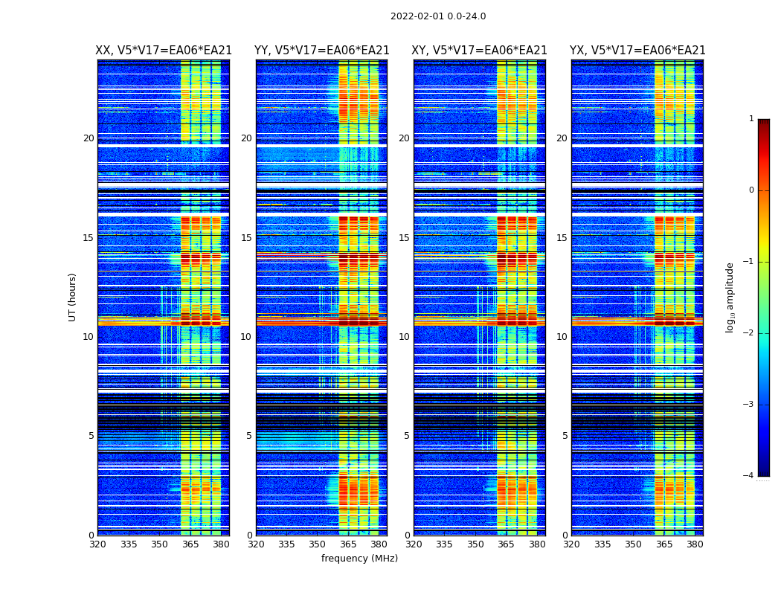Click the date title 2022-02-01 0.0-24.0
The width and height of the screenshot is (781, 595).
438,16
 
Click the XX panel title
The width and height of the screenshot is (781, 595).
164,51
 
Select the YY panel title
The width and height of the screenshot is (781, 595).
321,51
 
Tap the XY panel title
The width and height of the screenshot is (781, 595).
479,51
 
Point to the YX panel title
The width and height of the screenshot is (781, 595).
637,51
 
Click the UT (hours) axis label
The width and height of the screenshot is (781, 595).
73,297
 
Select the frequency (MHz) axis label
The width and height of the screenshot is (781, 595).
359,559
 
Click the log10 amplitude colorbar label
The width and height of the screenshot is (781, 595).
730,297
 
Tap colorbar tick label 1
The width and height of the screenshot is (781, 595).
751,119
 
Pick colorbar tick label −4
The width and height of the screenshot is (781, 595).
748,476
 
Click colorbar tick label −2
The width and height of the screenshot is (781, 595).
748,333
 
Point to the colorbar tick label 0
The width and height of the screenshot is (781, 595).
751,190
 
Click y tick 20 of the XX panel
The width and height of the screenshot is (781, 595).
89,138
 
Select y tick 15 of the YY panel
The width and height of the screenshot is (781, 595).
246,238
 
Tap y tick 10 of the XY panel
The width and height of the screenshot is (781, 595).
404,337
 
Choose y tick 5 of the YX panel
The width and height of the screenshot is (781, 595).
565,436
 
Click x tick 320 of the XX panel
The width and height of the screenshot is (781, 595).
97,544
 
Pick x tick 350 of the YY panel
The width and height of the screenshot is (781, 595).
318,544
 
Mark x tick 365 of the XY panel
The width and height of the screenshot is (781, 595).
506,544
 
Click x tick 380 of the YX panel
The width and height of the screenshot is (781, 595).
695,544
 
